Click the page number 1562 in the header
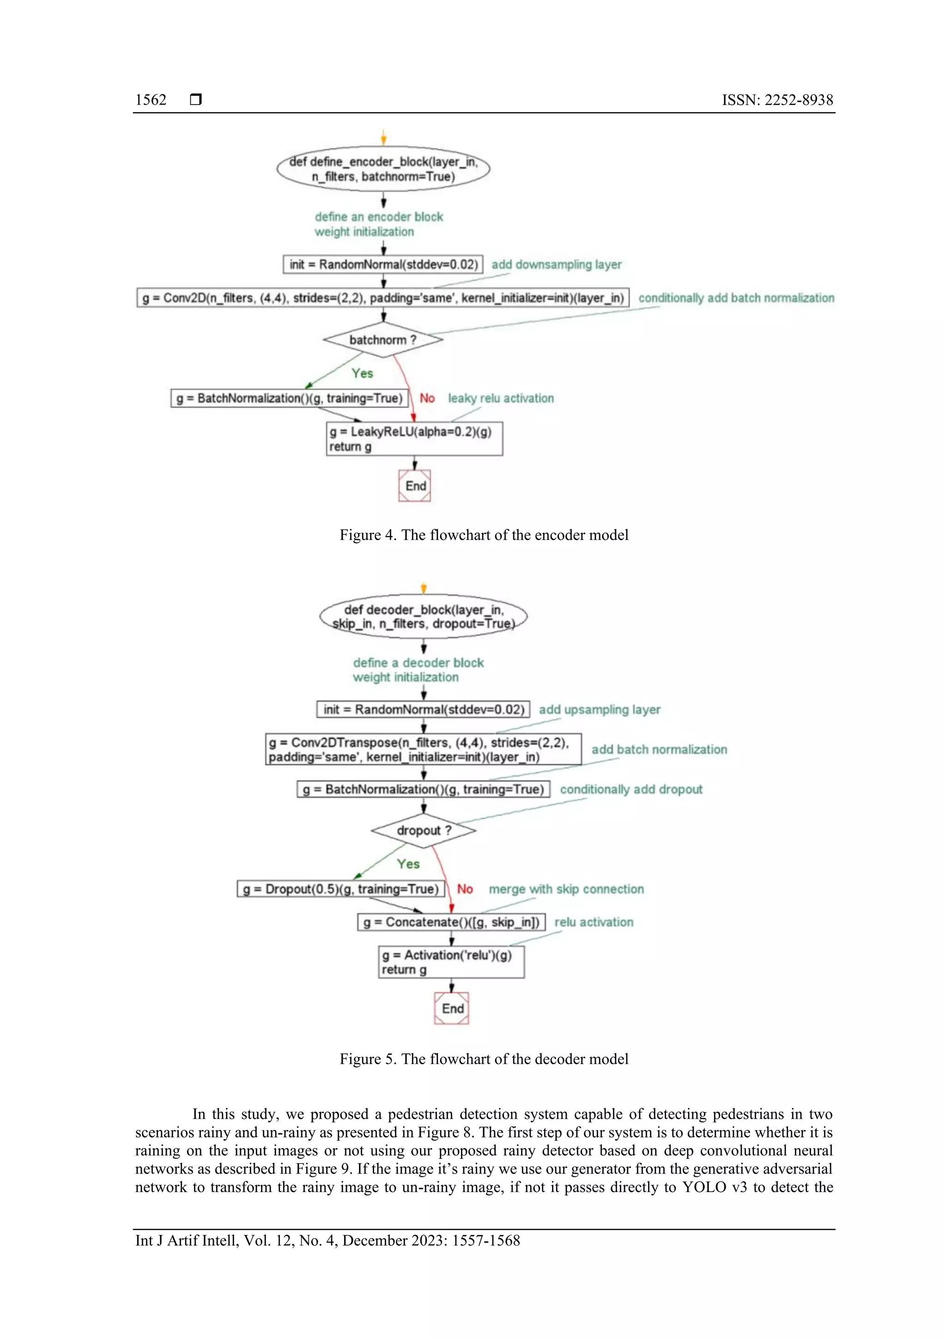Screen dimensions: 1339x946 (151, 100)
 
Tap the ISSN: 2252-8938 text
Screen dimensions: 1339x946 (777, 100)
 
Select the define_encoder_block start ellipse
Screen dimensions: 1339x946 (383, 169)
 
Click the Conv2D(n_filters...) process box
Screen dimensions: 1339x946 (383, 298)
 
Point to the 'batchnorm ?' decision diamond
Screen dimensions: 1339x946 (383, 339)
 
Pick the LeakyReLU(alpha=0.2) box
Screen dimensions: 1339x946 (414, 439)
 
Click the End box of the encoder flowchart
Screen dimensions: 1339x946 (415, 486)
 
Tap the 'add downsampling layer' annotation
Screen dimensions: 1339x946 (556, 265)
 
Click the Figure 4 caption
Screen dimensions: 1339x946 (484, 535)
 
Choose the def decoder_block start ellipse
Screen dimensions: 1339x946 (424, 617)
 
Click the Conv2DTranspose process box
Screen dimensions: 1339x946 (423, 749)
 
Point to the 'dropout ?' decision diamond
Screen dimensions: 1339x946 (424, 831)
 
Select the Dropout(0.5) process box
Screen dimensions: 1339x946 (341, 889)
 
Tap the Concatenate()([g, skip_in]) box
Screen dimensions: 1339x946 (451, 922)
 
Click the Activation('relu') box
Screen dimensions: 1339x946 (451, 962)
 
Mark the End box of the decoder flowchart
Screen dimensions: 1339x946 (452, 1009)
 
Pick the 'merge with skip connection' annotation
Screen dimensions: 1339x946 (566, 889)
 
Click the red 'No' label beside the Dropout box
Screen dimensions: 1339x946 (465, 889)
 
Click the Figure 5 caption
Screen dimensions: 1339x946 (484, 1058)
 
